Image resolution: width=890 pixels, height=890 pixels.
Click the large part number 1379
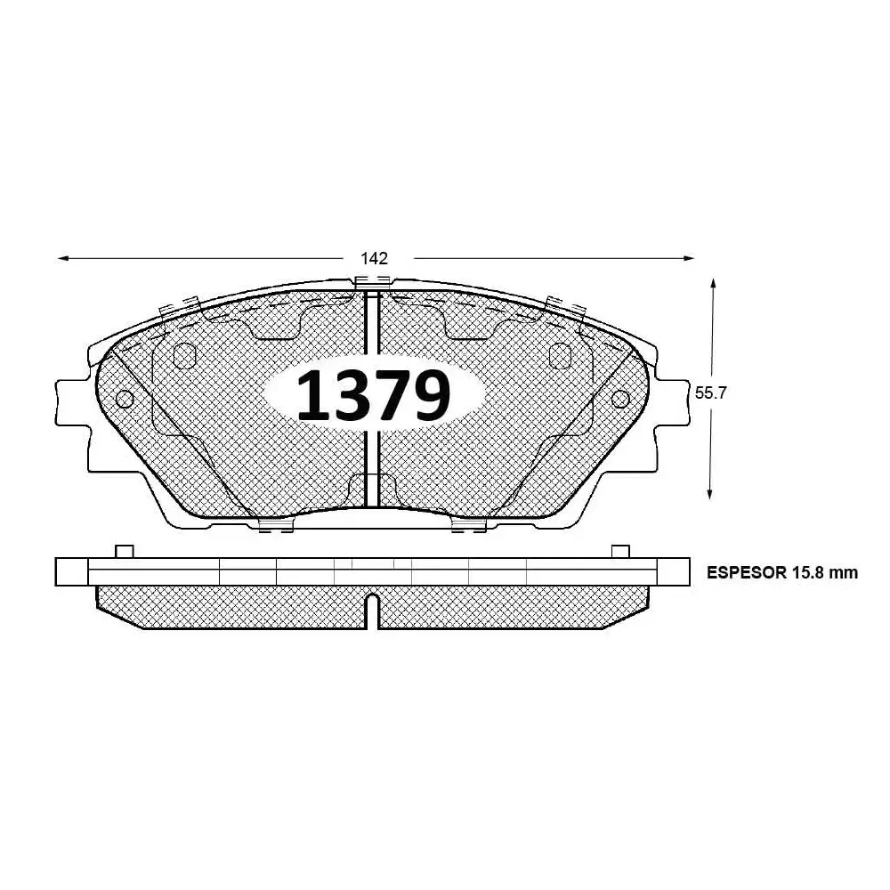pos(373,395)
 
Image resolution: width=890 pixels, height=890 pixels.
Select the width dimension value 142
pos(374,259)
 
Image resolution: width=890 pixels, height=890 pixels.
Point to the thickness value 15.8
pos(808,573)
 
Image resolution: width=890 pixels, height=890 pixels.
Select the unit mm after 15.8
pos(845,573)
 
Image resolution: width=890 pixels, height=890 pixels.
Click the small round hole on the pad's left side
pos(125,399)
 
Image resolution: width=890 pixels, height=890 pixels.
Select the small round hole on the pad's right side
pos(619,399)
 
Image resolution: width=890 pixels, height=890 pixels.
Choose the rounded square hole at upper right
pos(562,355)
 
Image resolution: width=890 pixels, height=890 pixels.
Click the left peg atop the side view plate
pos(125,551)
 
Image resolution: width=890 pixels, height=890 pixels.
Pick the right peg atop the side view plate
pos(620,551)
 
